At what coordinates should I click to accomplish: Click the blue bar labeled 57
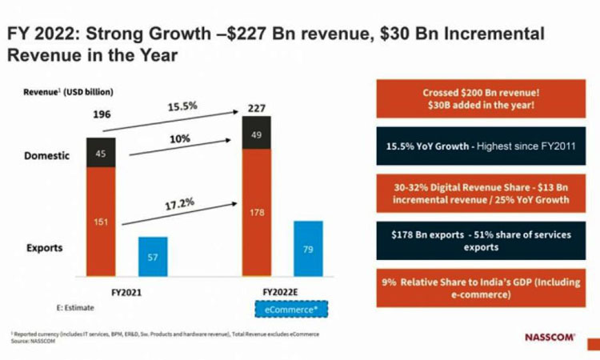153,257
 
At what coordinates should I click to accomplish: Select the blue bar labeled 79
308,249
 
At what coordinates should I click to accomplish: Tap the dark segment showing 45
101,153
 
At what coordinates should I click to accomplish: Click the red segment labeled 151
101,222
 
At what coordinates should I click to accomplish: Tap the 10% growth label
179,138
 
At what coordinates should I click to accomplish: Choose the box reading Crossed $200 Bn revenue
478,100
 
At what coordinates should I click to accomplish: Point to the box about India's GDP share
478,289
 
